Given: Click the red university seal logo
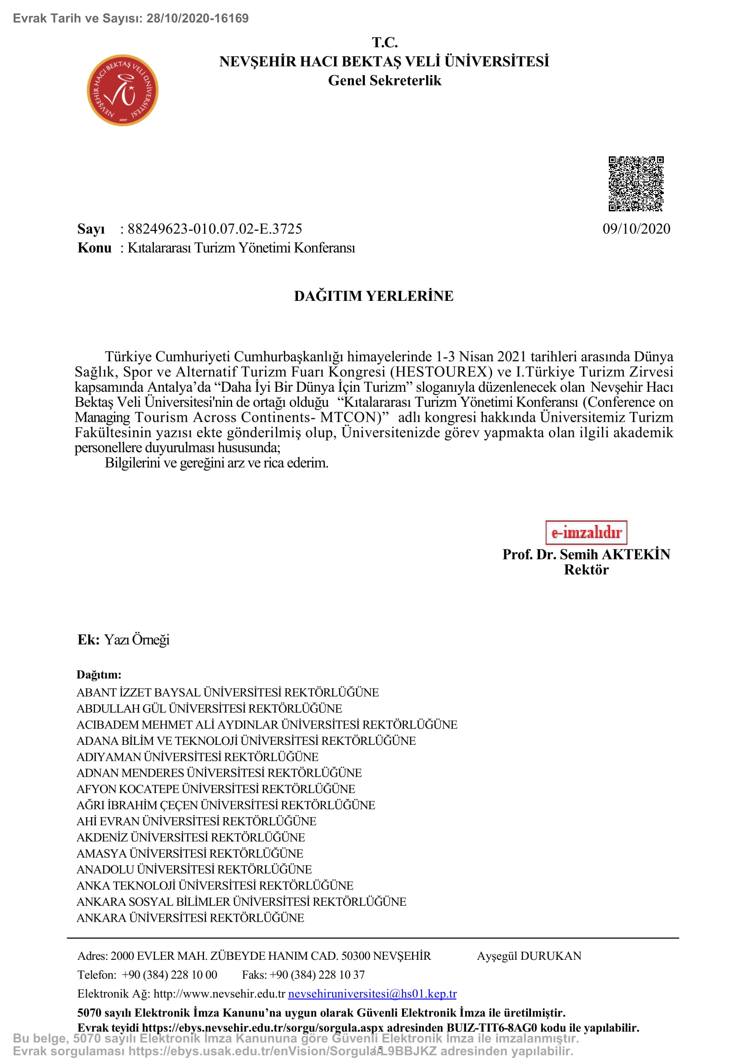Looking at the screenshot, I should [x=123, y=91].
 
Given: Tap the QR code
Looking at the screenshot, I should [x=636, y=184].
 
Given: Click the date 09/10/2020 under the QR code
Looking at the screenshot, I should [x=636, y=229].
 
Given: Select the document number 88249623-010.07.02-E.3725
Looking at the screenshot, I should [x=215, y=229].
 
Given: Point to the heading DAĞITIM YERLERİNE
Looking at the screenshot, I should [x=373, y=296].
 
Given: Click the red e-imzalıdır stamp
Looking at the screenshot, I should [x=586, y=533].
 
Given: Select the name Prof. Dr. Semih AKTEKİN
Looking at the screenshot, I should [x=586, y=554].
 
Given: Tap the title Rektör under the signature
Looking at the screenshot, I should [x=586, y=570].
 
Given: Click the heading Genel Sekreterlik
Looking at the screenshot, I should [x=384, y=80].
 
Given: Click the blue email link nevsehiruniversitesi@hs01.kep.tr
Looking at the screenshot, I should [x=372, y=993].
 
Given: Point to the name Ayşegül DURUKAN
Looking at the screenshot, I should [x=529, y=956].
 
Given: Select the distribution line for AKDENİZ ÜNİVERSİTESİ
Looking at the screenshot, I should [x=191, y=837].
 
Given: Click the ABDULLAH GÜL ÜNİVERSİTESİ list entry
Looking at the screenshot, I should [x=209, y=709].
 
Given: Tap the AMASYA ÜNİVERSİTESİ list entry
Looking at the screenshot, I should [x=190, y=853].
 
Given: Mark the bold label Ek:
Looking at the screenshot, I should [x=89, y=639].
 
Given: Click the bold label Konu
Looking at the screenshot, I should [x=94, y=248].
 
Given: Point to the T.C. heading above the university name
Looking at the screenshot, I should [x=384, y=43].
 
